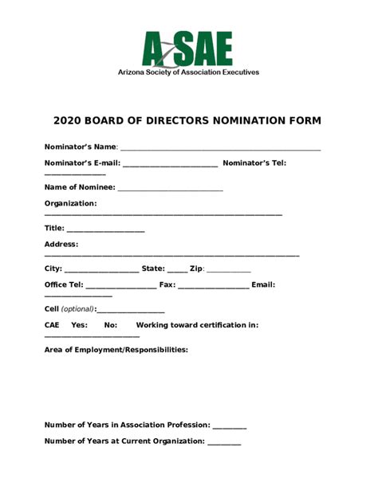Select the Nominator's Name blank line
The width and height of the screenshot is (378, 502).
pos(220,149)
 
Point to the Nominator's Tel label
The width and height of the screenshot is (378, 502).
pos(254,163)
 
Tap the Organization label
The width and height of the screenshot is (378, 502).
pos(70,203)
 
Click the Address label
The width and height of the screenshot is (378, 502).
pos(61,244)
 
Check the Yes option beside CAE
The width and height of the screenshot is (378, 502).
pos(79,325)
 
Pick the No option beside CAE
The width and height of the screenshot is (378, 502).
pos(111,325)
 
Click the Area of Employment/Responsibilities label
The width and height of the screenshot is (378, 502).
pos(116,350)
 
